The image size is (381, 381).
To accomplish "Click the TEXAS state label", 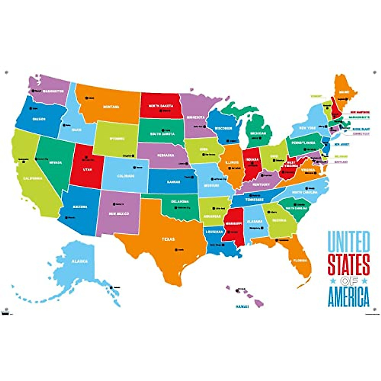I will pos(159,240).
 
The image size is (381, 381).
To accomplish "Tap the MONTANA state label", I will pos(111,107).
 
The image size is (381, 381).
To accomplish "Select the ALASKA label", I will pos(79,261).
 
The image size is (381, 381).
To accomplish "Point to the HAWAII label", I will pos(242,306).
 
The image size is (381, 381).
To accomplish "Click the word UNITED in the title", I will pos(348,242).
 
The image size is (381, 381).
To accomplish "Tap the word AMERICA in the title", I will pos(348,297).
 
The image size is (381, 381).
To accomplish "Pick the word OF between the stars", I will pos(348,281).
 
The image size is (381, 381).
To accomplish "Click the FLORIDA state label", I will pos(300,260).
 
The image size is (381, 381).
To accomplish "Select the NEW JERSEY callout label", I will pos(342,144).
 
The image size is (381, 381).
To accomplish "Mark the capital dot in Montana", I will pos(86,98).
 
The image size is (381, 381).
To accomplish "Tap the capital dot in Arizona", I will pos(66,217).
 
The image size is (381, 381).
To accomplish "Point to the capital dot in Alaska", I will pos(111,288).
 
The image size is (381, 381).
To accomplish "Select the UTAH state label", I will pos(87,170).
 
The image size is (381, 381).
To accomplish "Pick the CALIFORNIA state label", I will pos(32,178).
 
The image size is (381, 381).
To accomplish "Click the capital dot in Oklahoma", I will pos(176,208).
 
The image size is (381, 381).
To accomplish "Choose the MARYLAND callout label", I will pos(341,162).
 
